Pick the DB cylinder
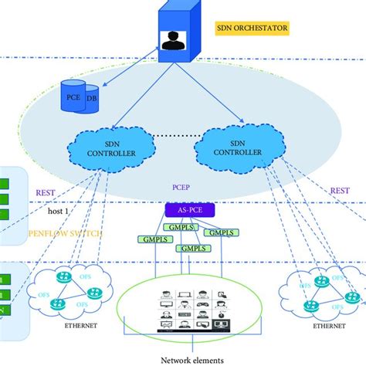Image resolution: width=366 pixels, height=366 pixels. coord(91,99)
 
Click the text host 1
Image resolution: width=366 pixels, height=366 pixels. coord(47,211)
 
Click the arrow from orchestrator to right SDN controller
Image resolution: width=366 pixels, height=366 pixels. coord(212,97)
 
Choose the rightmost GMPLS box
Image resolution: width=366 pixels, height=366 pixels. coord(222,232)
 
